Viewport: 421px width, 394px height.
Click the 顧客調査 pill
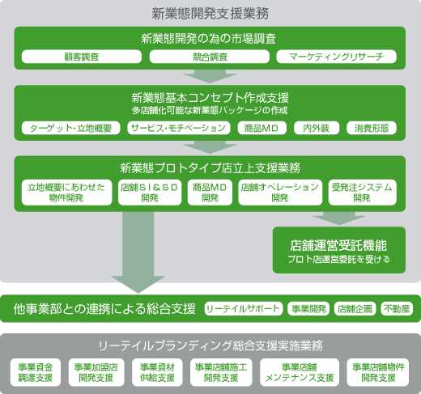coord(82,57)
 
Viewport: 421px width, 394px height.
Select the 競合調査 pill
coord(210,57)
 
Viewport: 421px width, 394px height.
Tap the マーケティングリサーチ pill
coord(337,57)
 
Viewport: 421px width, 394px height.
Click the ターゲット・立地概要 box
coord(70,128)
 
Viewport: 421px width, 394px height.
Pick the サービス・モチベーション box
coord(179,128)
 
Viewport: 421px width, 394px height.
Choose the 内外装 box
coord(317,128)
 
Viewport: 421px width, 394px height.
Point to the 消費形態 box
coord(372,128)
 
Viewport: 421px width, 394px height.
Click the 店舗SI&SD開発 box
coord(150,193)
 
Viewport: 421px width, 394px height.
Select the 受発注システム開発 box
coord(362,193)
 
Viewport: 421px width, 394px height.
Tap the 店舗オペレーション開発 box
coord(280,193)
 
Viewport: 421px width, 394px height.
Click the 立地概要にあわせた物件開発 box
coord(66,193)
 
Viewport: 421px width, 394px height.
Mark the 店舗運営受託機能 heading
coord(338,245)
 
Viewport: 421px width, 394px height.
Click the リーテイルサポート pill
coord(244,308)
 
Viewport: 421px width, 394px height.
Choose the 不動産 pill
coord(397,308)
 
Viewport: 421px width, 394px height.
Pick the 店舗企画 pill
coord(355,308)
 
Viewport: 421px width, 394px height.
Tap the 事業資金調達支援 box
coord(36,372)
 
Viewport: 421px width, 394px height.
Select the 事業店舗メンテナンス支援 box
coord(300,372)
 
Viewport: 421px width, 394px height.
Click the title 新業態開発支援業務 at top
coord(210,14)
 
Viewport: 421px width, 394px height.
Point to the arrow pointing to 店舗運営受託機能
coord(339,218)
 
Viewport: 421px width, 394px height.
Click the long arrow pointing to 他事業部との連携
coord(138,252)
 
